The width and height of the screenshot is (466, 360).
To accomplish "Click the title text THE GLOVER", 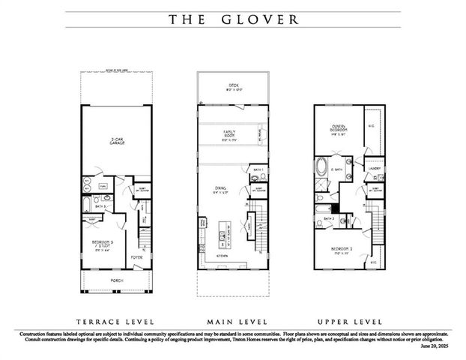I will point(232,20).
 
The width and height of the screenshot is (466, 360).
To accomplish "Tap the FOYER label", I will point(136,257).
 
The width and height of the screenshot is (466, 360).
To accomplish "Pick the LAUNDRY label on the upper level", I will point(374,169).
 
